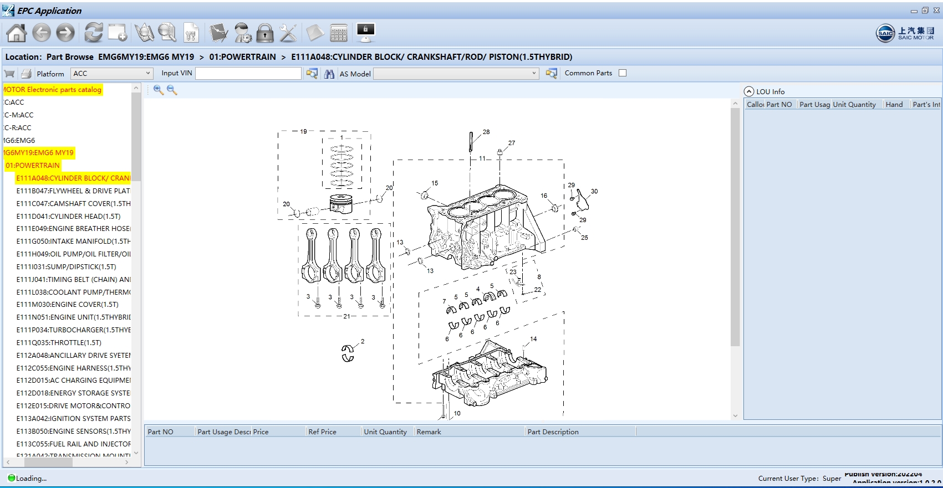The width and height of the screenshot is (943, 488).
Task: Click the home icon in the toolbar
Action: pos(16,33)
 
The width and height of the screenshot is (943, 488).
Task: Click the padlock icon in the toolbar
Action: pos(265,33)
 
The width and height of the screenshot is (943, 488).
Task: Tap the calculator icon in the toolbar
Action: pos(338,33)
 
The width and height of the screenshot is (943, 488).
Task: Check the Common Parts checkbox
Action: pos(623,73)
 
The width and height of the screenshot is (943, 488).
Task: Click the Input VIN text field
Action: pos(248,73)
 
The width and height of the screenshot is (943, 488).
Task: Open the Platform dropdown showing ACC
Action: pos(111,73)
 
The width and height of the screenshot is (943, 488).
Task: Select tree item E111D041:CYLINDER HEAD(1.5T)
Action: pos(68,216)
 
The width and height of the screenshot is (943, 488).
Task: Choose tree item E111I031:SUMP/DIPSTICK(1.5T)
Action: pos(66,266)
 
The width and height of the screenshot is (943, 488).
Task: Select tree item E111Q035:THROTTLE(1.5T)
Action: pos(59,342)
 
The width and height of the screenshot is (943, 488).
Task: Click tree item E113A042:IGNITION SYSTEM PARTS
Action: pos(73,418)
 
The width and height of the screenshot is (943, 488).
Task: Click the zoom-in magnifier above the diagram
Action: pos(159,90)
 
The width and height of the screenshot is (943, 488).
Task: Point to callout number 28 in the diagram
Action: pos(486,132)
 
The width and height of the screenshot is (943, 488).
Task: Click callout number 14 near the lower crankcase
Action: pos(533,338)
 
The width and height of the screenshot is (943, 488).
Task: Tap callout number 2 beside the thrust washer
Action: pos(363,341)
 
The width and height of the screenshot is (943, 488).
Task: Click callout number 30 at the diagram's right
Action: pos(594,191)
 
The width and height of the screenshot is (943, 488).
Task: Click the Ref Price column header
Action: pos(322,432)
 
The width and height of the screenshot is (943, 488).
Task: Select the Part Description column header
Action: pos(553,432)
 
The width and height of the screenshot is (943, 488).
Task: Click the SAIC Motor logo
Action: pos(905,33)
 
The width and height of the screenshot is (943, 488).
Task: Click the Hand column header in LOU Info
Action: pos(894,104)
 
